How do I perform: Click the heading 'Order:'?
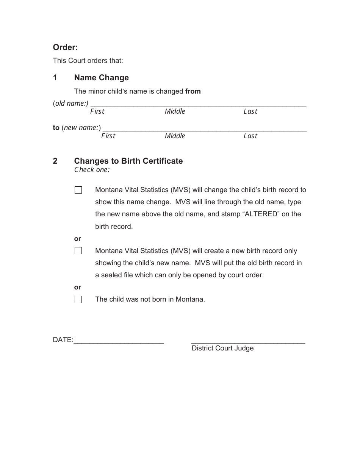click(x=65, y=47)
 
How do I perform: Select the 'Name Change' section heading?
click(x=101, y=78)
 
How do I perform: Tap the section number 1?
click(x=55, y=78)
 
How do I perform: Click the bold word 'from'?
click(x=193, y=91)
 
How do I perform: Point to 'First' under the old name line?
click(x=97, y=111)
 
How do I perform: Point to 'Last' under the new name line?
click(x=250, y=136)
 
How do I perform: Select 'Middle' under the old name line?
click(x=175, y=111)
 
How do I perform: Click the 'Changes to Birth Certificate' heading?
click(x=128, y=161)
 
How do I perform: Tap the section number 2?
click(x=55, y=161)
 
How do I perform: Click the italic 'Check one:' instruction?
click(x=92, y=170)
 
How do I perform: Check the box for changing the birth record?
click(x=78, y=190)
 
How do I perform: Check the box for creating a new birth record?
click(x=78, y=251)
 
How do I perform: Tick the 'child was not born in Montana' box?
click(x=78, y=300)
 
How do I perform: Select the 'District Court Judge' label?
click(x=222, y=348)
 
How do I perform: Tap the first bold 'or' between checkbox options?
click(x=78, y=239)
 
